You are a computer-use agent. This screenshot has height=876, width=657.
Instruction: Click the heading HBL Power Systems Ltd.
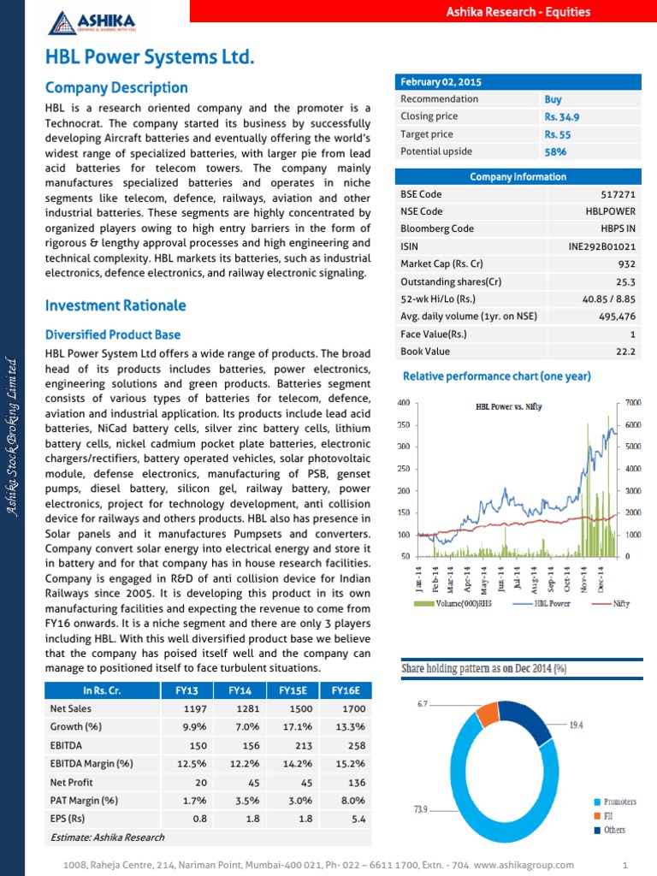click(x=150, y=58)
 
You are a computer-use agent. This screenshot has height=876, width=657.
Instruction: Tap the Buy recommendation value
click(x=553, y=99)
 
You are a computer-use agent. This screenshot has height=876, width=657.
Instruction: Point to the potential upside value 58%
click(x=555, y=152)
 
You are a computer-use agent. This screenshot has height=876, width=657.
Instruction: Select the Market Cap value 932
click(x=627, y=264)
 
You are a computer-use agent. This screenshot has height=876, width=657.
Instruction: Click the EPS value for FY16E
click(x=358, y=819)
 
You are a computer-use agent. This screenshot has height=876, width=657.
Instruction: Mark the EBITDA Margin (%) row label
click(x=92, y=764)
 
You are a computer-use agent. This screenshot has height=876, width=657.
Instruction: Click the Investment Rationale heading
click(x=115, y=305)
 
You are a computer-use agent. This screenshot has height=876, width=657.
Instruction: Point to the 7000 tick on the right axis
click(x=633, y=402)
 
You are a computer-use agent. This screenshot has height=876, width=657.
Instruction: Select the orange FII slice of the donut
click(x=487, y=713)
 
